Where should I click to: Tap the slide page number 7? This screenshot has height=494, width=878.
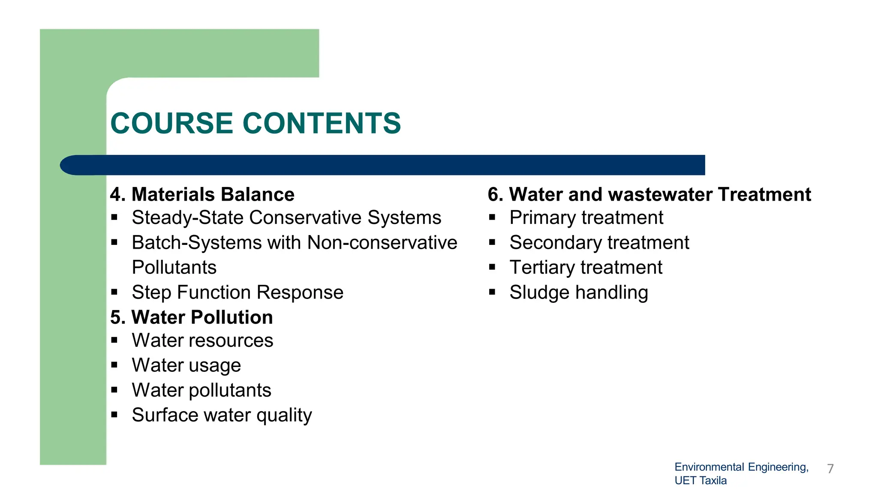830,468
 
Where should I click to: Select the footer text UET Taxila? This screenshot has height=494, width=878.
701,480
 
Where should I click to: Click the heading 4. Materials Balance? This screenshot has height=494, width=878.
202,194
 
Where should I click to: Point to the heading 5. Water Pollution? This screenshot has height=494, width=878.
191,317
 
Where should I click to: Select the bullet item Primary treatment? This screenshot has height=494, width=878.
586,218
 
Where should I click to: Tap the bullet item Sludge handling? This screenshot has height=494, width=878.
578,292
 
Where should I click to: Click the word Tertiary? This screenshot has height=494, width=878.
542,268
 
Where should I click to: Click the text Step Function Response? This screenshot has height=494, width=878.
238,292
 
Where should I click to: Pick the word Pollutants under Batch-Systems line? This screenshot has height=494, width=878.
174,268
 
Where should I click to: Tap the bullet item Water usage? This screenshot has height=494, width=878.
186,365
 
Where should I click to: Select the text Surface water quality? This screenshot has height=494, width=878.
222,415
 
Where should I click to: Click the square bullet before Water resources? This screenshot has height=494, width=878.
114,340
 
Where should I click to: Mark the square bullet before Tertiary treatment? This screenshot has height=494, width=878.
492,268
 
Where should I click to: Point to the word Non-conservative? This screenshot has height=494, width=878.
382,243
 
